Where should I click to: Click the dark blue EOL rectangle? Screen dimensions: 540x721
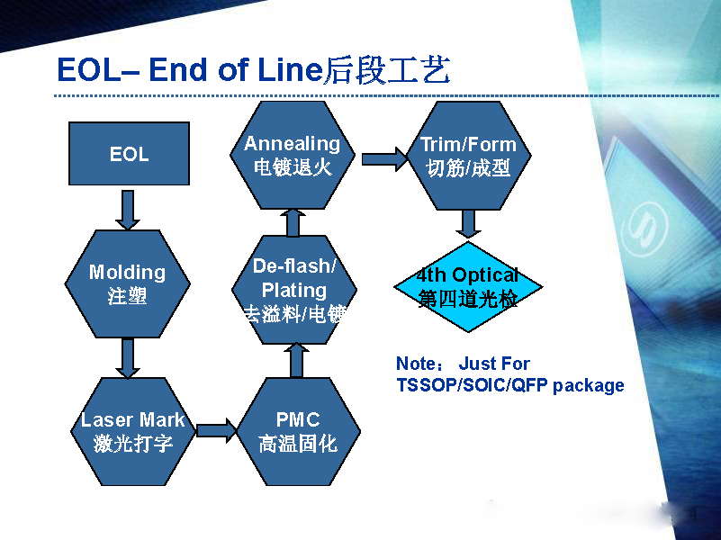click(x=129, y=154)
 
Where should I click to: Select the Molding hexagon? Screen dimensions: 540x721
click(x=128, y=283)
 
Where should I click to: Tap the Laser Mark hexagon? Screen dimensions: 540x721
click(x=132, y=430)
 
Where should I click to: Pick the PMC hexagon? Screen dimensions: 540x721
click(x=297, y=430)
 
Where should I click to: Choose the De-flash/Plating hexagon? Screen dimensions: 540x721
click(x=293, y=290)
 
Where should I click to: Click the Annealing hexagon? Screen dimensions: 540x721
click(x=293, y=155)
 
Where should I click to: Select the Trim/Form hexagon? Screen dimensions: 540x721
click(x=468, y=155)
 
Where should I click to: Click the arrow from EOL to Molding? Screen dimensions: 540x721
click(x=129, y=208)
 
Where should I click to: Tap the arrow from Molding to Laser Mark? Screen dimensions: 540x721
click(x=129, y=357)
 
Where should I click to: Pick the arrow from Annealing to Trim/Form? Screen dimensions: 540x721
click(x=384, y=159)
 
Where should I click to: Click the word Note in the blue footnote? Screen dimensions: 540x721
click(x=415, y=364)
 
